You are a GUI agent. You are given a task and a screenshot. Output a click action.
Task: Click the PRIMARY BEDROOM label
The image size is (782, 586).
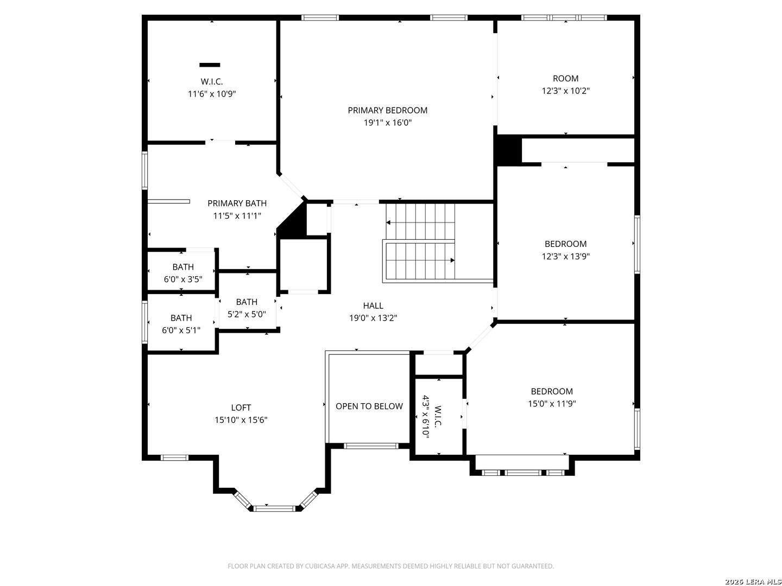[387, 110]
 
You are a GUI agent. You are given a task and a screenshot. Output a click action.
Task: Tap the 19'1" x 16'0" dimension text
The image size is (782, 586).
[387, 123]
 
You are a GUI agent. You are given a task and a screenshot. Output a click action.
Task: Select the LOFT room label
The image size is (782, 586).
[241, 407]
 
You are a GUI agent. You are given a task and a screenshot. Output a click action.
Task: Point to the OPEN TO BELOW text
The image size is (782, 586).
[369, 406]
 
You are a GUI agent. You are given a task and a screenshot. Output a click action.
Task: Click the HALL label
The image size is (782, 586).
[373, 305]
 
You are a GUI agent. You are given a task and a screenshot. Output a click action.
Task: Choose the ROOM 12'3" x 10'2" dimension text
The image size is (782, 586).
[565, 91]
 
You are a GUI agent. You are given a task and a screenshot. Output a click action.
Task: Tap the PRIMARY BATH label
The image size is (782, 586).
[237, 203]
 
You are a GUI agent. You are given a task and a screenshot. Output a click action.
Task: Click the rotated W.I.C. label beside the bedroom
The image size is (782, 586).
[438, 416]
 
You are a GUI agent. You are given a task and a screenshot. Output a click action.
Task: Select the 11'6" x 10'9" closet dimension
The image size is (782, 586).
[212, 94]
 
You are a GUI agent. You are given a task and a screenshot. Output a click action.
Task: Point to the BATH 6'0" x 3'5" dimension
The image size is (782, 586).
[183, 279]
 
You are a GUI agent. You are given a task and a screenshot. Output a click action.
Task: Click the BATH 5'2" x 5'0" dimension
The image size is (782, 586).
[247, 314]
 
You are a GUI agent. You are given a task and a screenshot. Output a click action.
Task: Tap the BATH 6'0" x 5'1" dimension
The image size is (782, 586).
[181, 330]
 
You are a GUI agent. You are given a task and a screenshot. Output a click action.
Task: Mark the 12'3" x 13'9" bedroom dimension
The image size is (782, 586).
[565, 256]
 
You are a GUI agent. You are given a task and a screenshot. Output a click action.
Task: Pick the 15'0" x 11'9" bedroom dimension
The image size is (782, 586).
[552, 404]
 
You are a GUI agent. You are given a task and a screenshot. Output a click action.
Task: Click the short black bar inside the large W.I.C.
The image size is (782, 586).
[210, 65]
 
